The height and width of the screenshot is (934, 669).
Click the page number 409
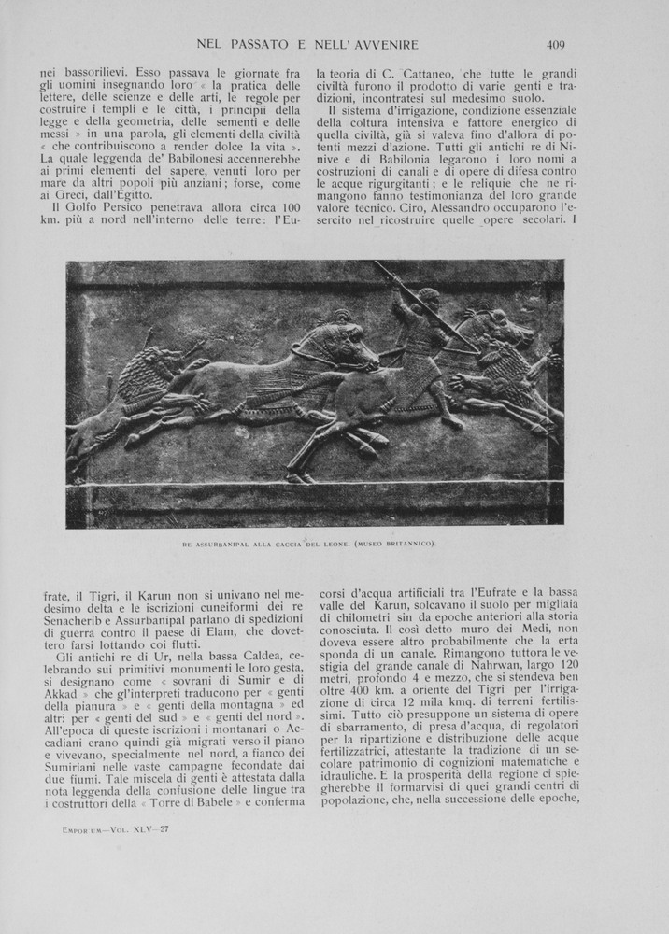(x=556, y=44)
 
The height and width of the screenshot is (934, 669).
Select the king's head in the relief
(x=427, y=302)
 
